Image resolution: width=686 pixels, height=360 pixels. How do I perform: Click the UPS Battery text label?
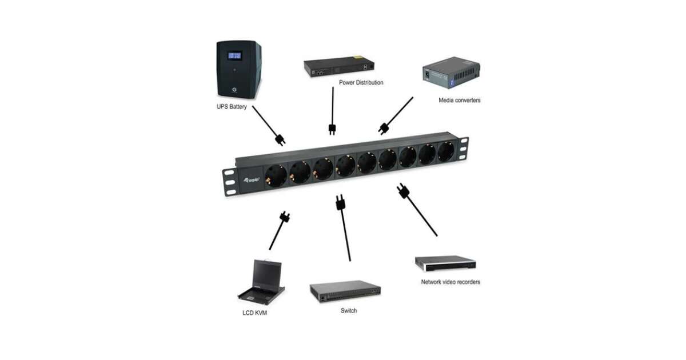[x=230, y=107]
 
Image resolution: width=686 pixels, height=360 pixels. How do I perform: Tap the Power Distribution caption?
[x=361, y=82]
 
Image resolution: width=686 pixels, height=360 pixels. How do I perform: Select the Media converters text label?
[x=459, y=100]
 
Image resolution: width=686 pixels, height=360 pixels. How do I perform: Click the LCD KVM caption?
[x=255, y=313]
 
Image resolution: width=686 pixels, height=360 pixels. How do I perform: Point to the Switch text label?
[x=348, y=310]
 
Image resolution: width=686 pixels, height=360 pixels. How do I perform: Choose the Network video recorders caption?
[x=450, y=282]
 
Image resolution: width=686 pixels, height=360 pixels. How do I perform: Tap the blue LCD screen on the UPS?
[x=234, y=55]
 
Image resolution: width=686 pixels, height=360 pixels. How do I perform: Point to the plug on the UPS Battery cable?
[x=280, y=139]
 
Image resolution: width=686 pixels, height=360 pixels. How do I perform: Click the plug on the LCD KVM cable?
[x=284, y=217]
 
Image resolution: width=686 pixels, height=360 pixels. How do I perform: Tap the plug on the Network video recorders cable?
[x=404, y=192]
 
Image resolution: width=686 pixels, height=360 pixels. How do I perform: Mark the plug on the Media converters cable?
[x=383, y=127]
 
